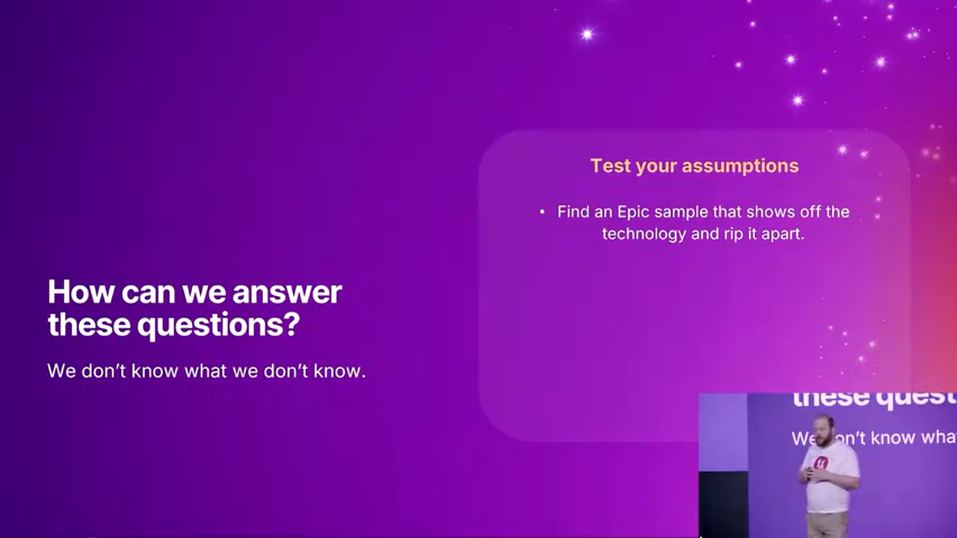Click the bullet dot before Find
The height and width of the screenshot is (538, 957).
tap(542, 211)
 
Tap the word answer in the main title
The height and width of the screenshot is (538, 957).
tap(287, 293)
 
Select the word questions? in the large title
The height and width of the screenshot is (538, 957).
tap(218, 325)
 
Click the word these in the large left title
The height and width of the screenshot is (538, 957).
tap(89, 324)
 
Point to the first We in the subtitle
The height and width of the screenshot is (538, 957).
tap(62, 371)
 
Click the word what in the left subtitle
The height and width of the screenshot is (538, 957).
tap(206, 371)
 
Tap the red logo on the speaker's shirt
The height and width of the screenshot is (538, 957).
tap(821, 463)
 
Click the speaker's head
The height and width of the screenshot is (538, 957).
tap(825, 430)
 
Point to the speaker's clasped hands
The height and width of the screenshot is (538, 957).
tap(808, 474)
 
